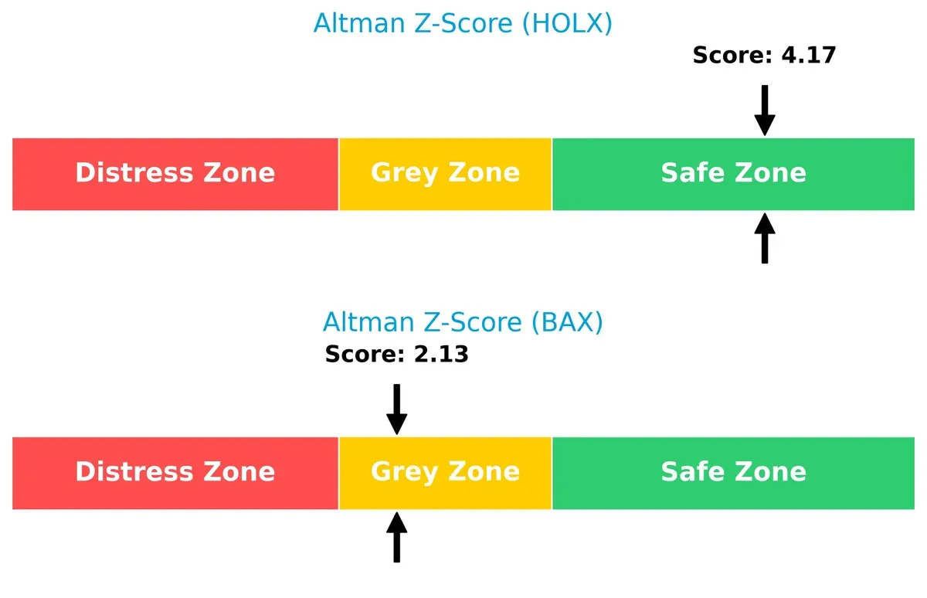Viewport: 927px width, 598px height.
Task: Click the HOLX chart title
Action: click(x=463, y=23)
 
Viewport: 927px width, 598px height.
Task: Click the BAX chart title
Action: click(x=463, y=321)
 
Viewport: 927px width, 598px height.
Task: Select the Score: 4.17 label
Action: click(x=764, y=55)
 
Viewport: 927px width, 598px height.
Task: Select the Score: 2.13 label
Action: click(x=396, y=355)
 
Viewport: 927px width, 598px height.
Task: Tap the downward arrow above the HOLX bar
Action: click(x=765, y=110)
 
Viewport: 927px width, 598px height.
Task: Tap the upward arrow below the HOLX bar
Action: click(x=765, y=239)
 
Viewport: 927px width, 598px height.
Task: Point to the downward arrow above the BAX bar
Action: click(x=396, y=409)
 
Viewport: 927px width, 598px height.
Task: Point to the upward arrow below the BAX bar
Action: click(x=396, y=538)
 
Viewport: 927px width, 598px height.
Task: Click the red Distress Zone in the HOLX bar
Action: click(x=175, y=174)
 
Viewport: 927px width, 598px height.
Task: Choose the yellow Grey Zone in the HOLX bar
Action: click(x=445, y=174)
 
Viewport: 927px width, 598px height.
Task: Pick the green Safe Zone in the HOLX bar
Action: click(x=733, y=174)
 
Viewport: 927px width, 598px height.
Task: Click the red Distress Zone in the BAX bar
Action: click(x=175, y=473)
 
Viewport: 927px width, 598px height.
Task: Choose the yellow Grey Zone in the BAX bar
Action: click(x=445, y=473)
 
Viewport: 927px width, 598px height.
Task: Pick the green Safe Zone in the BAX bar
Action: click(x=733, y=473)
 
